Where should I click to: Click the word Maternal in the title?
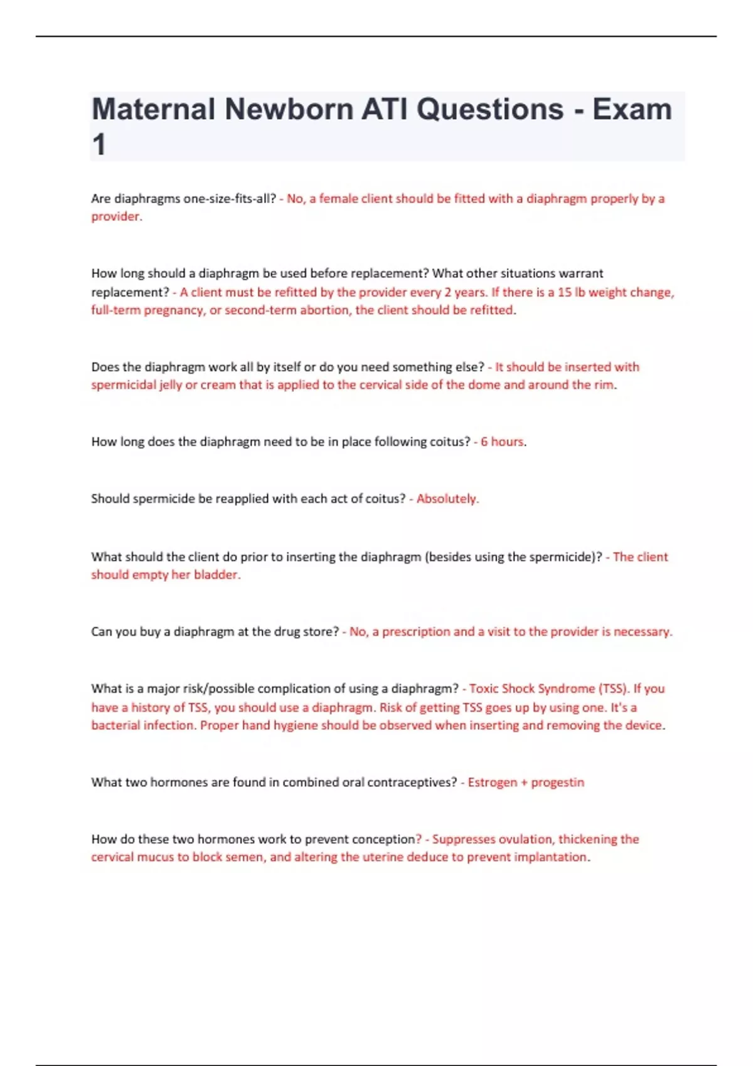pyautogui.click(x=153, y=110)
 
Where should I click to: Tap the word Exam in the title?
pyautogui.click(x=632, y=110)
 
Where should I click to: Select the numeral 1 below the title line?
pyautogui.click(x=99, y=145)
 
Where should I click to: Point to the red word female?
pyautogui.click(x=338, y=199)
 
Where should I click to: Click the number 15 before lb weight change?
pyautogui.click(x=565, y=292)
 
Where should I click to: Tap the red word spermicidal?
pyautogui.click(x=124, y=384)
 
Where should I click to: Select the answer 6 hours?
pyautogui.click(x=502, y=441)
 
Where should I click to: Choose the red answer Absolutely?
pyautogui.click(x=447, y=499)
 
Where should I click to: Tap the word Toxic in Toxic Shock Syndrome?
pyautogui.click(x=484, y=689)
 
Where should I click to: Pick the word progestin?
pyautogui.click(x=557, y=782)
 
